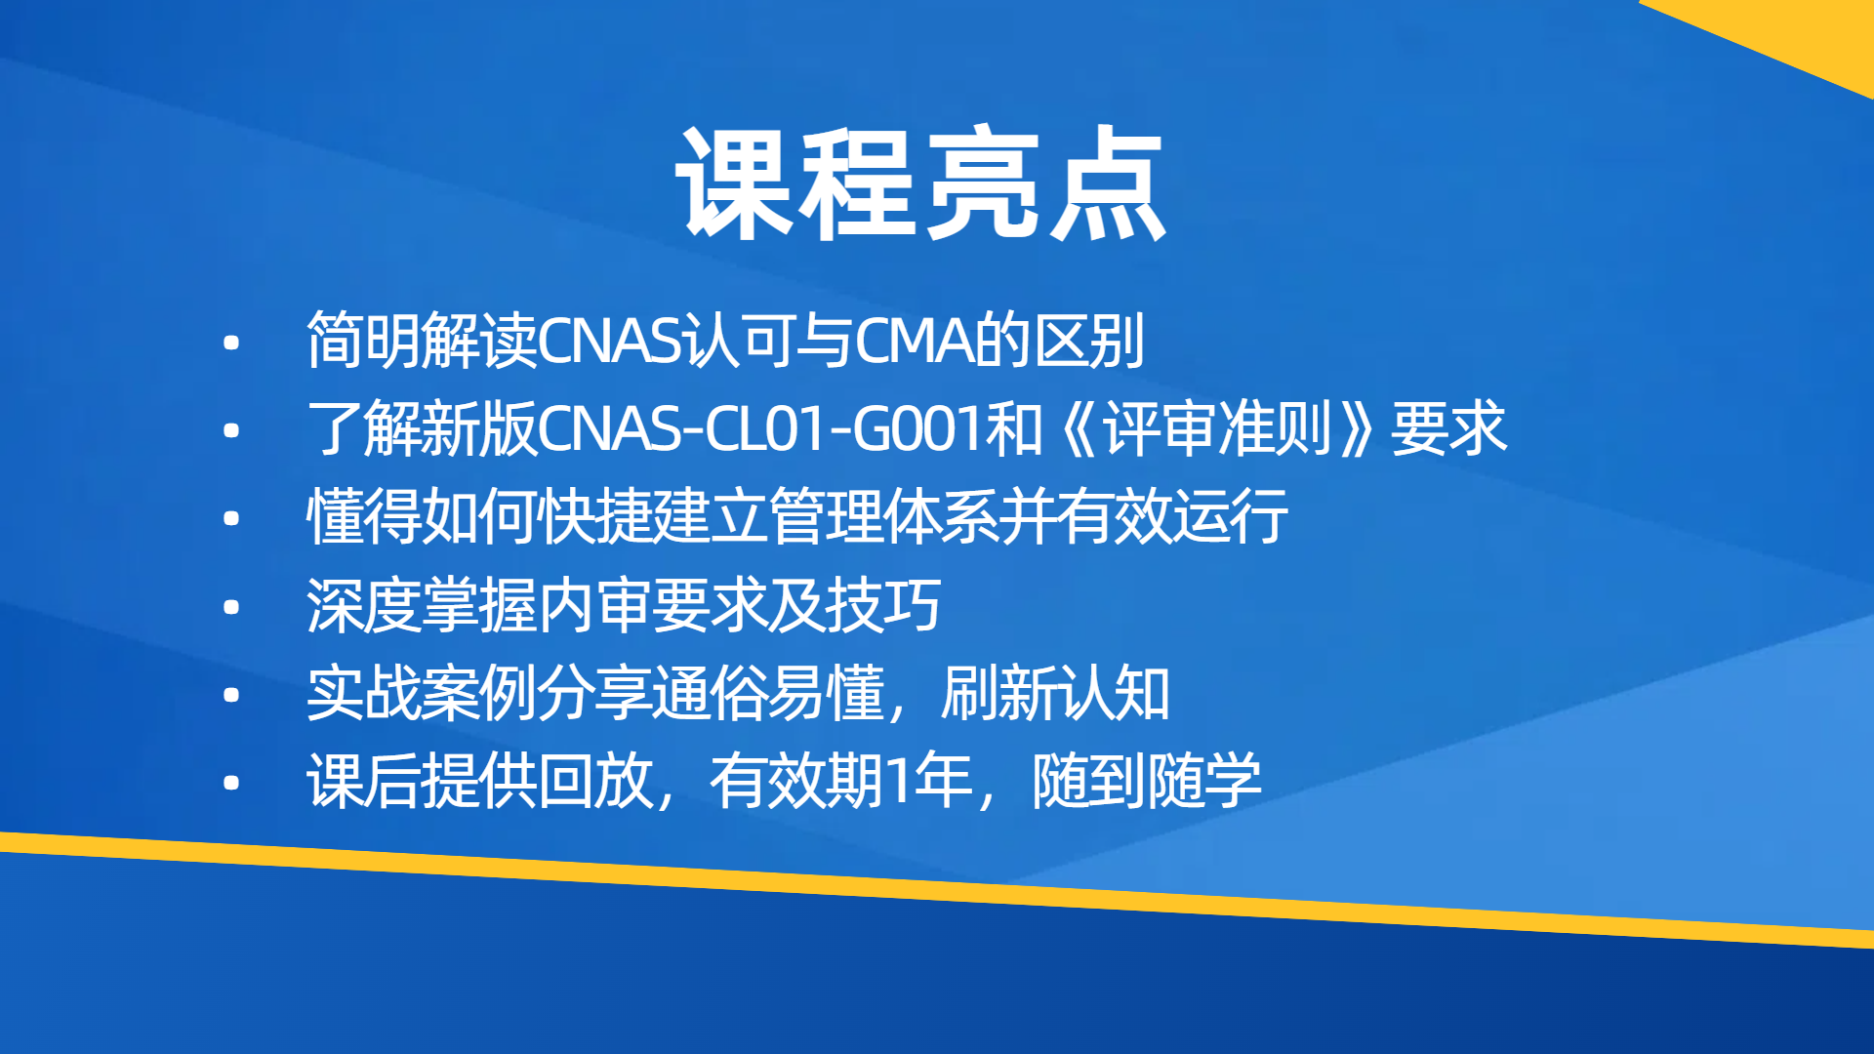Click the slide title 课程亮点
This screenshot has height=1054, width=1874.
(921, 183)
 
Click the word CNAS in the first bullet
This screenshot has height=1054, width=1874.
(610, 341)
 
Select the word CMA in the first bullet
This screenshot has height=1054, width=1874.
(916, 341)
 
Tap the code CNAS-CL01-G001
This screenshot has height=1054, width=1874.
(760, 428)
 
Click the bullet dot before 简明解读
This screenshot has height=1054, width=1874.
(231, 343)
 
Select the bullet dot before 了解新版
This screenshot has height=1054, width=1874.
(231, 430)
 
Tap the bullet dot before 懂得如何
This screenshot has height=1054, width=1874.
(231, 518)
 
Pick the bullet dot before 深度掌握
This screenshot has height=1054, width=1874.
(231, 607)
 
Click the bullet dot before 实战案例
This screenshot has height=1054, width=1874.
(231, 695)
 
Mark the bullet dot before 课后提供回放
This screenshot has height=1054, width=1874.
(231, 783)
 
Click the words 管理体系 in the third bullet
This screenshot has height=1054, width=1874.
(883, 516)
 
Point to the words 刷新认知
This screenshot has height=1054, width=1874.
(1055, 693)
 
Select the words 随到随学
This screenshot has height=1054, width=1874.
(1147, 781)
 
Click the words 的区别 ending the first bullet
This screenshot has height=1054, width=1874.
(1061, 341)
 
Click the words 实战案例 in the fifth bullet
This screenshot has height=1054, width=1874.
(421, 693)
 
